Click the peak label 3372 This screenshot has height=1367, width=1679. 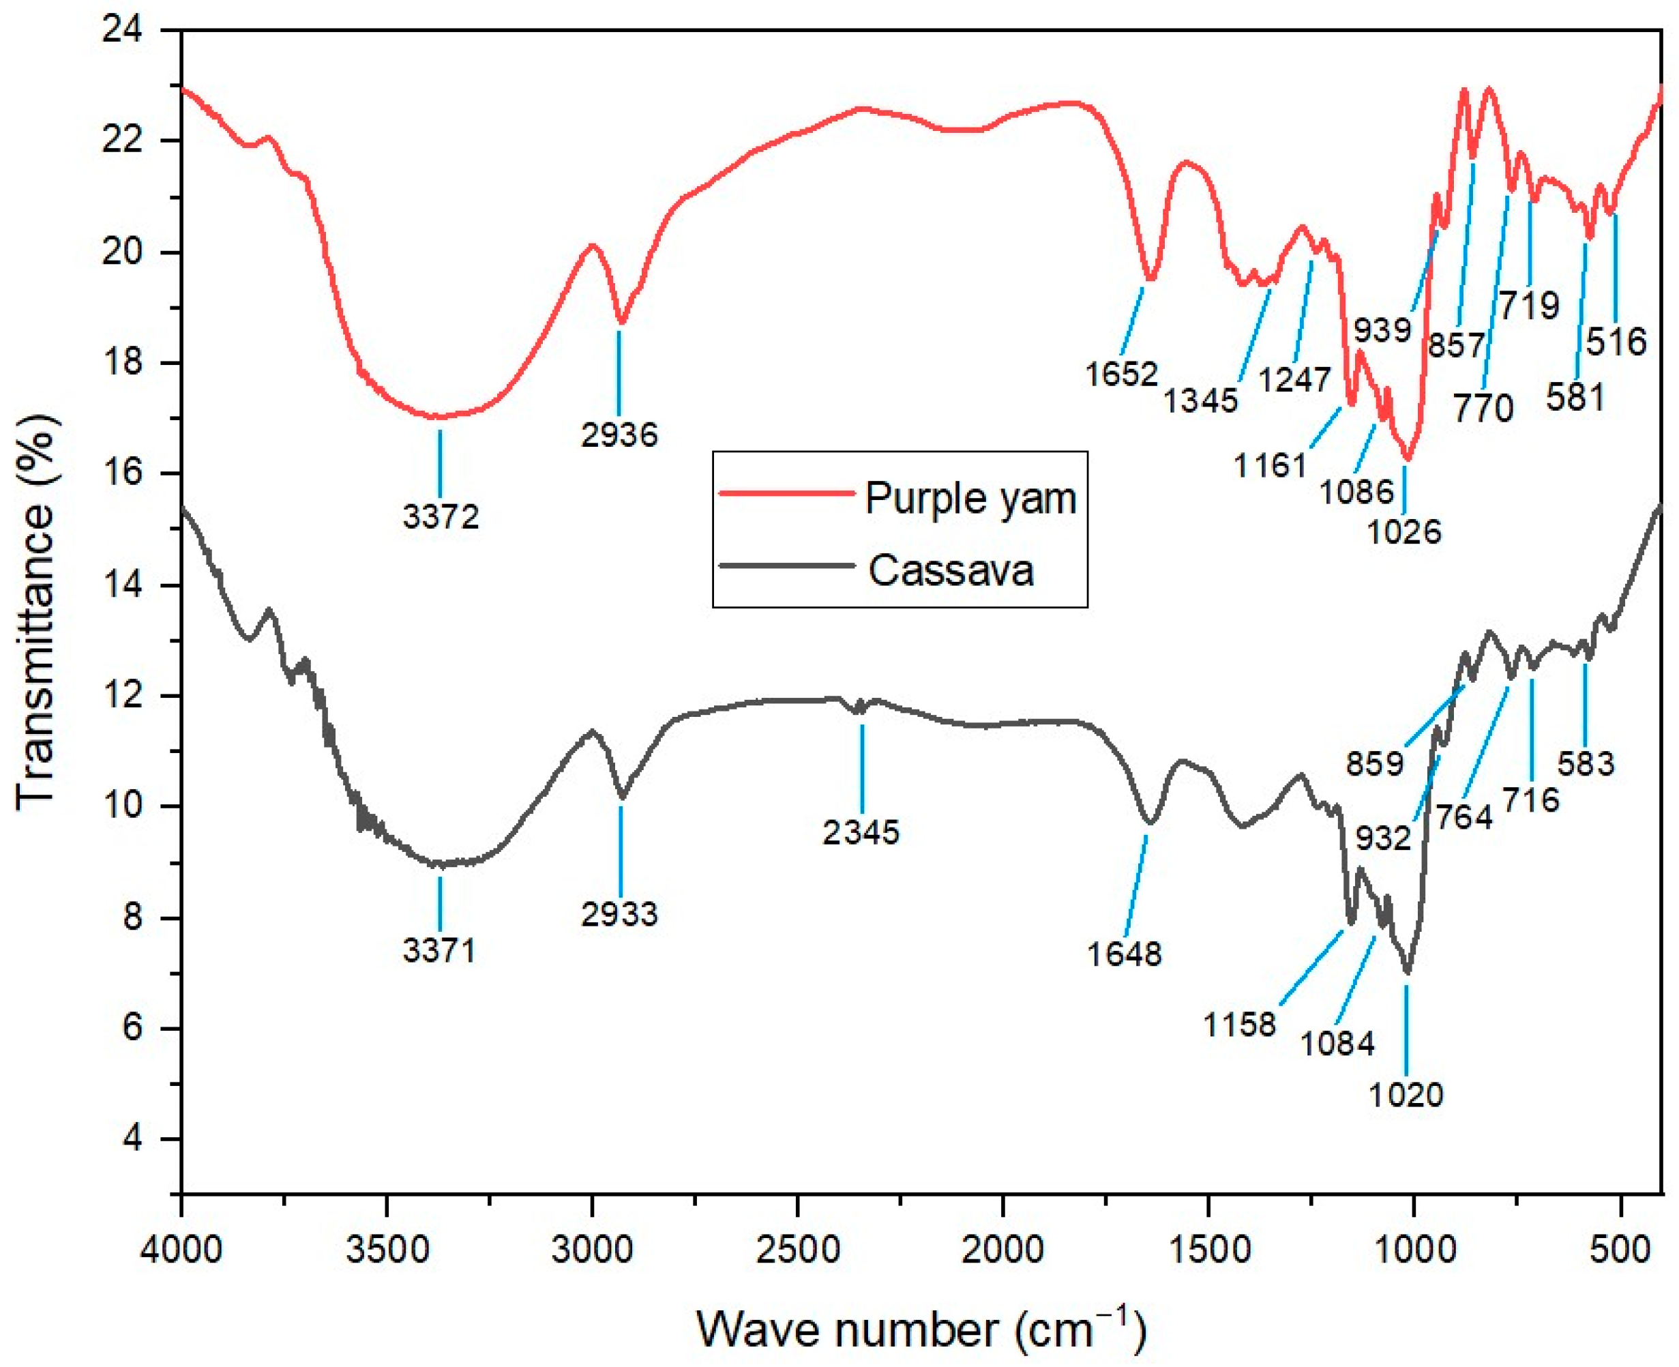pos(440,516)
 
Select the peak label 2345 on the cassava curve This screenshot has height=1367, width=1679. pos(861,832)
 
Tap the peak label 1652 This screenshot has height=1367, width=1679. pos(1121,374)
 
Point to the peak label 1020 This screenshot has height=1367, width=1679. pos(1405,1095)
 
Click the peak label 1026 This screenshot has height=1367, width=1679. pos(1403,532)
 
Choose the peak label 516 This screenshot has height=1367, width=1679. pos(1616,342)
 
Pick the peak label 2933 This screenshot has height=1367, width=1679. pos(619,913)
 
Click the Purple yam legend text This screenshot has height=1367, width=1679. pos(970,498)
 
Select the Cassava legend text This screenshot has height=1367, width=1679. pos(950,570)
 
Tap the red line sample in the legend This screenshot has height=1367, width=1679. pos(786,494)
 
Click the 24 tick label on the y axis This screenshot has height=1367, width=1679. pos(122,31)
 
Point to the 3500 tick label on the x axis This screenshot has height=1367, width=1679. pos(387,1250)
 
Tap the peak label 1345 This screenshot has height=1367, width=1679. pos(1200,400)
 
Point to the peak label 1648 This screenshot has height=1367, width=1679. pos(1123,954)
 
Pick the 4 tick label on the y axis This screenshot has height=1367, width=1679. pos(132,1138)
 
